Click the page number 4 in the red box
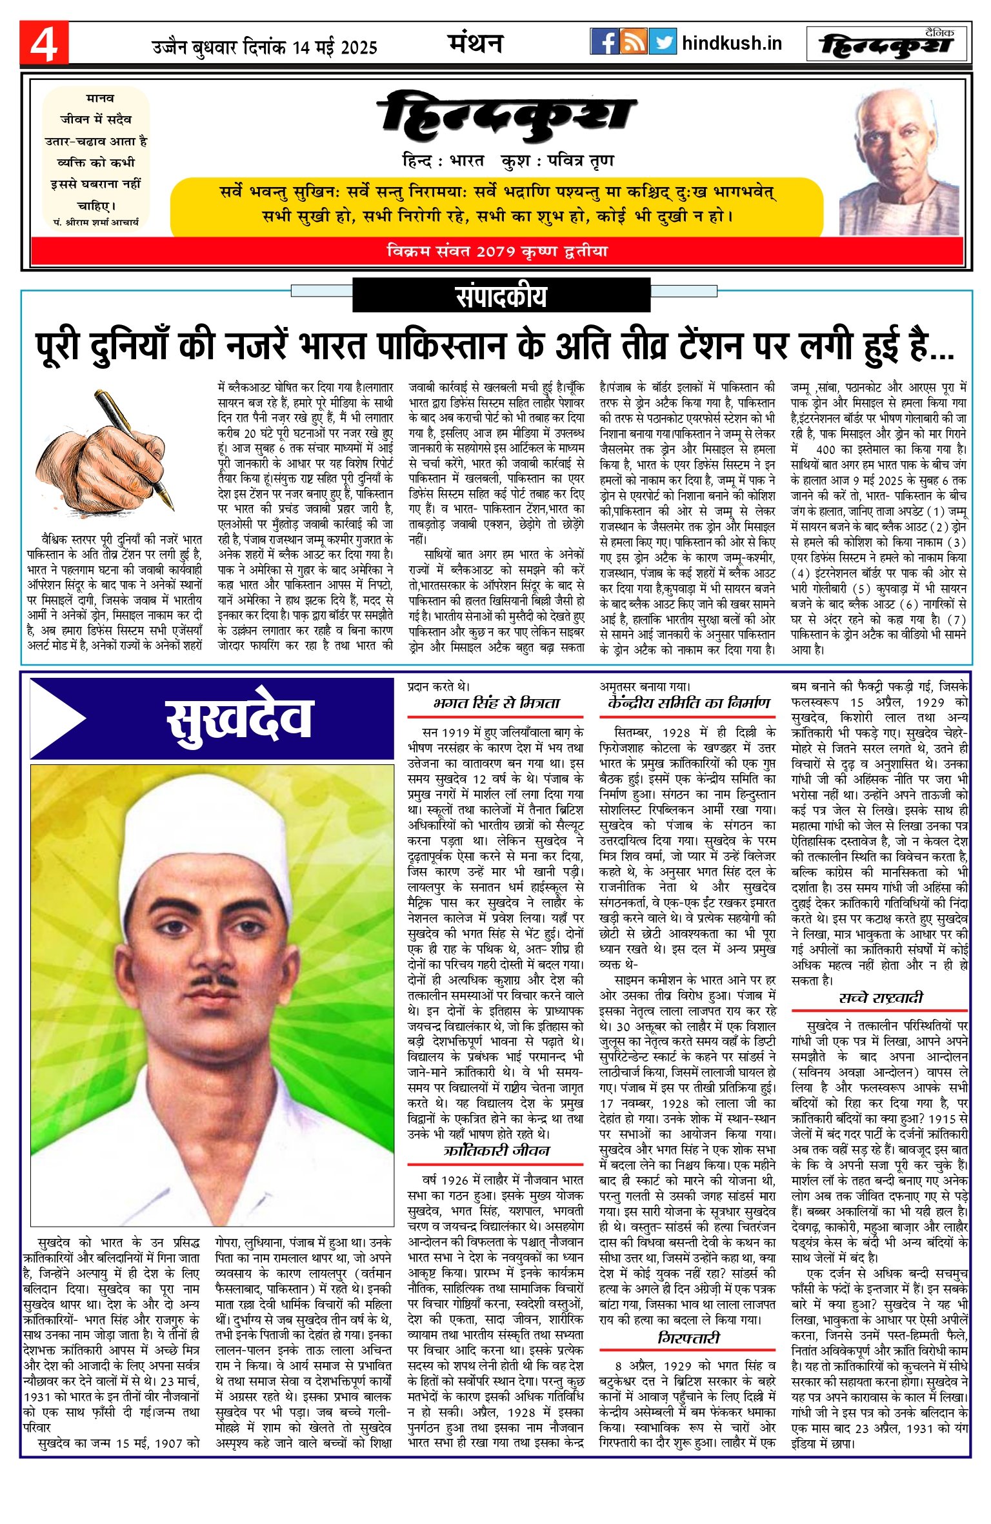tap(44, 43)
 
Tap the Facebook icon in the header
tap(604, 42)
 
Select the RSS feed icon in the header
tap(633, 42)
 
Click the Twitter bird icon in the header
tap(662, 42)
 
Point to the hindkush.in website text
tap(732, 43)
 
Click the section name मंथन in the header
tap(475, 43)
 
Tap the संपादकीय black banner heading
tap(501, 296)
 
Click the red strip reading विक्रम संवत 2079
tap(497, 251)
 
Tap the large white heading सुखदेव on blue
tap(239, 718)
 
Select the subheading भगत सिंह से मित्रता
tap(496, 703)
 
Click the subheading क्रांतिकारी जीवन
tap(496, 1151)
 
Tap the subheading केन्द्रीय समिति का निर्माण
tap(688, 703)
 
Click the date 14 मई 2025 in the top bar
tap(334, 48)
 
